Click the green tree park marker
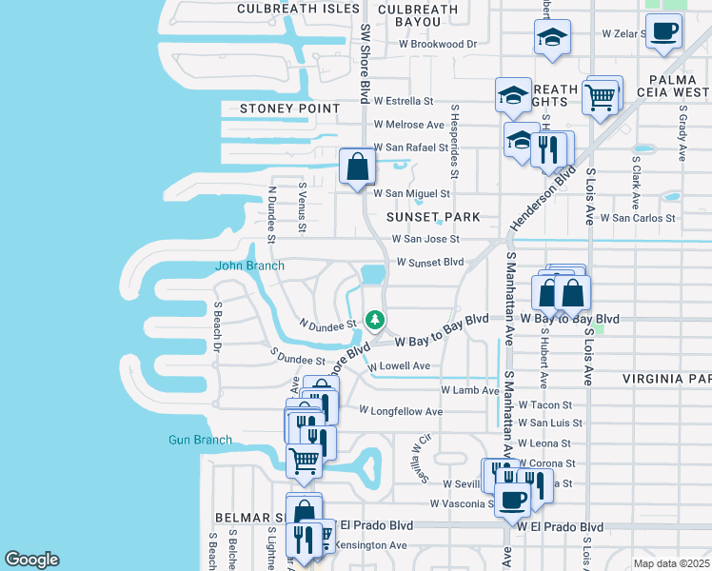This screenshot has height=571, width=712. click(x=375, y=319)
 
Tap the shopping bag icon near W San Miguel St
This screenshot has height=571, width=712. click(x=357, y=167)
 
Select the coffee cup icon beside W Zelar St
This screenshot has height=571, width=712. click(x=665, y=30)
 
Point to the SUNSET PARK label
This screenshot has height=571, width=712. click(x=434, y=218)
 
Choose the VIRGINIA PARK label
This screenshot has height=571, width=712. click(x=666, y=379)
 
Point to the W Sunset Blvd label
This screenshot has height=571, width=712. click(x=429, y=262)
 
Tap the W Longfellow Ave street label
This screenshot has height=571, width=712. click(x=401, y=411)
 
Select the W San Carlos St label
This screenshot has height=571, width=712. click(x=643, y=218)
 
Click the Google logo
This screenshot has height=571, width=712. click(x=31, y=560)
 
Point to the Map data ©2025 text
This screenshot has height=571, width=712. click(x=670, y=563)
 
